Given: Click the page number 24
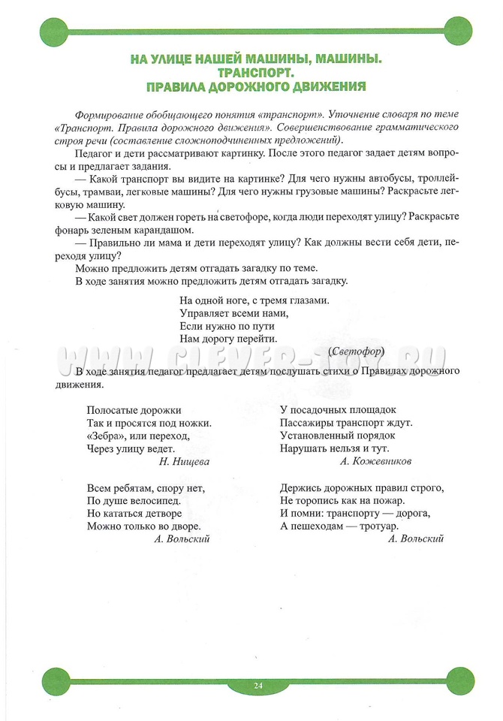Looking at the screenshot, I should pos(258,685).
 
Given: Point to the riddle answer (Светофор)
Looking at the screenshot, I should pos(357,351).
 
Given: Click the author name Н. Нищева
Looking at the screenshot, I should pos(184,462).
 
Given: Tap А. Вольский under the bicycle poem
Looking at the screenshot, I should pos(181,538).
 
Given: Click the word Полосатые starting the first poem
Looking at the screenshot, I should pos(115,410).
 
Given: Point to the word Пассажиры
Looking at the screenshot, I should pos(307,423).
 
